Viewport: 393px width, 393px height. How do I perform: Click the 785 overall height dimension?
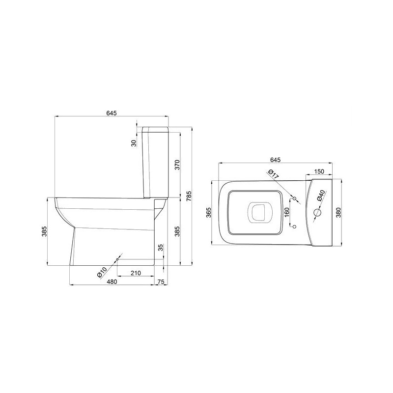pyautogui.click(x=189, y=196)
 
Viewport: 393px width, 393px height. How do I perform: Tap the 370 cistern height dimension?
pyautogui.click(x=177, y=165)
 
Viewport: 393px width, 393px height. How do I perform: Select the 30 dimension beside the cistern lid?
pyautogui.click(x=134, y=143)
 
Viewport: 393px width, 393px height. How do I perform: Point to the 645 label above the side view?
pyautogui.click(x=112, y=113)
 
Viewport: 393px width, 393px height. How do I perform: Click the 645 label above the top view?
pyautogui.click(x=275, y=160)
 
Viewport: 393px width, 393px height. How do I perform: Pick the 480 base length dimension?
pyautogui.click(x=112, y=281)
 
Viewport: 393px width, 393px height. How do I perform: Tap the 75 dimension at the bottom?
pyautogui.click(x=161, y=281)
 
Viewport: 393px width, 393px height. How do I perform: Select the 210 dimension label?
pyautogui.click(x=136, y=273)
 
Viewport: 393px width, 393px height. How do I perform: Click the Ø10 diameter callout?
pyautogui.click(x=102, y=272)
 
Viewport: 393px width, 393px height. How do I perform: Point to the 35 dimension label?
pyautogui.click(x=161, y=248)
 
